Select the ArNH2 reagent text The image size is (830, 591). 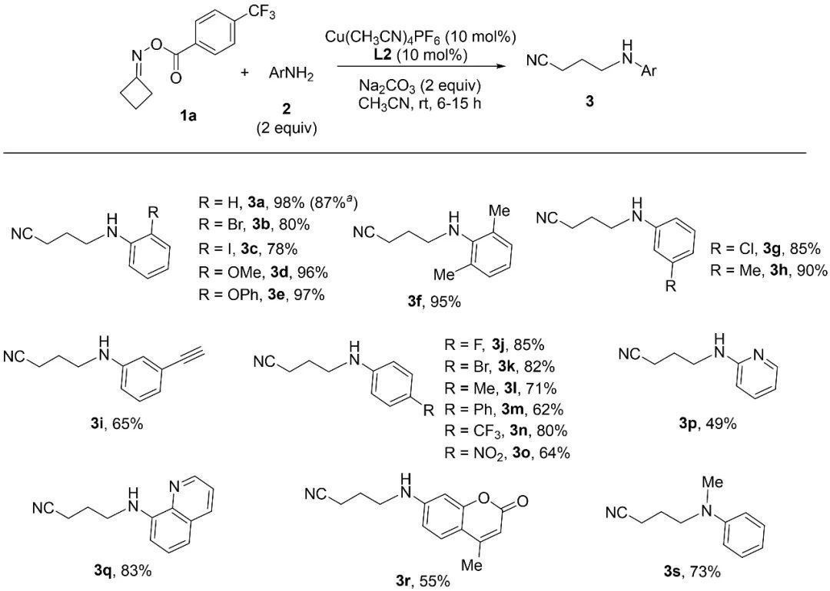(291, 74)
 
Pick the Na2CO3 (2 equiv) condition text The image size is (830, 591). (420, 86)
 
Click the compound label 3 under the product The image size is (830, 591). (589, 101)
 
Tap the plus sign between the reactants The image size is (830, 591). (244, 72)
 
